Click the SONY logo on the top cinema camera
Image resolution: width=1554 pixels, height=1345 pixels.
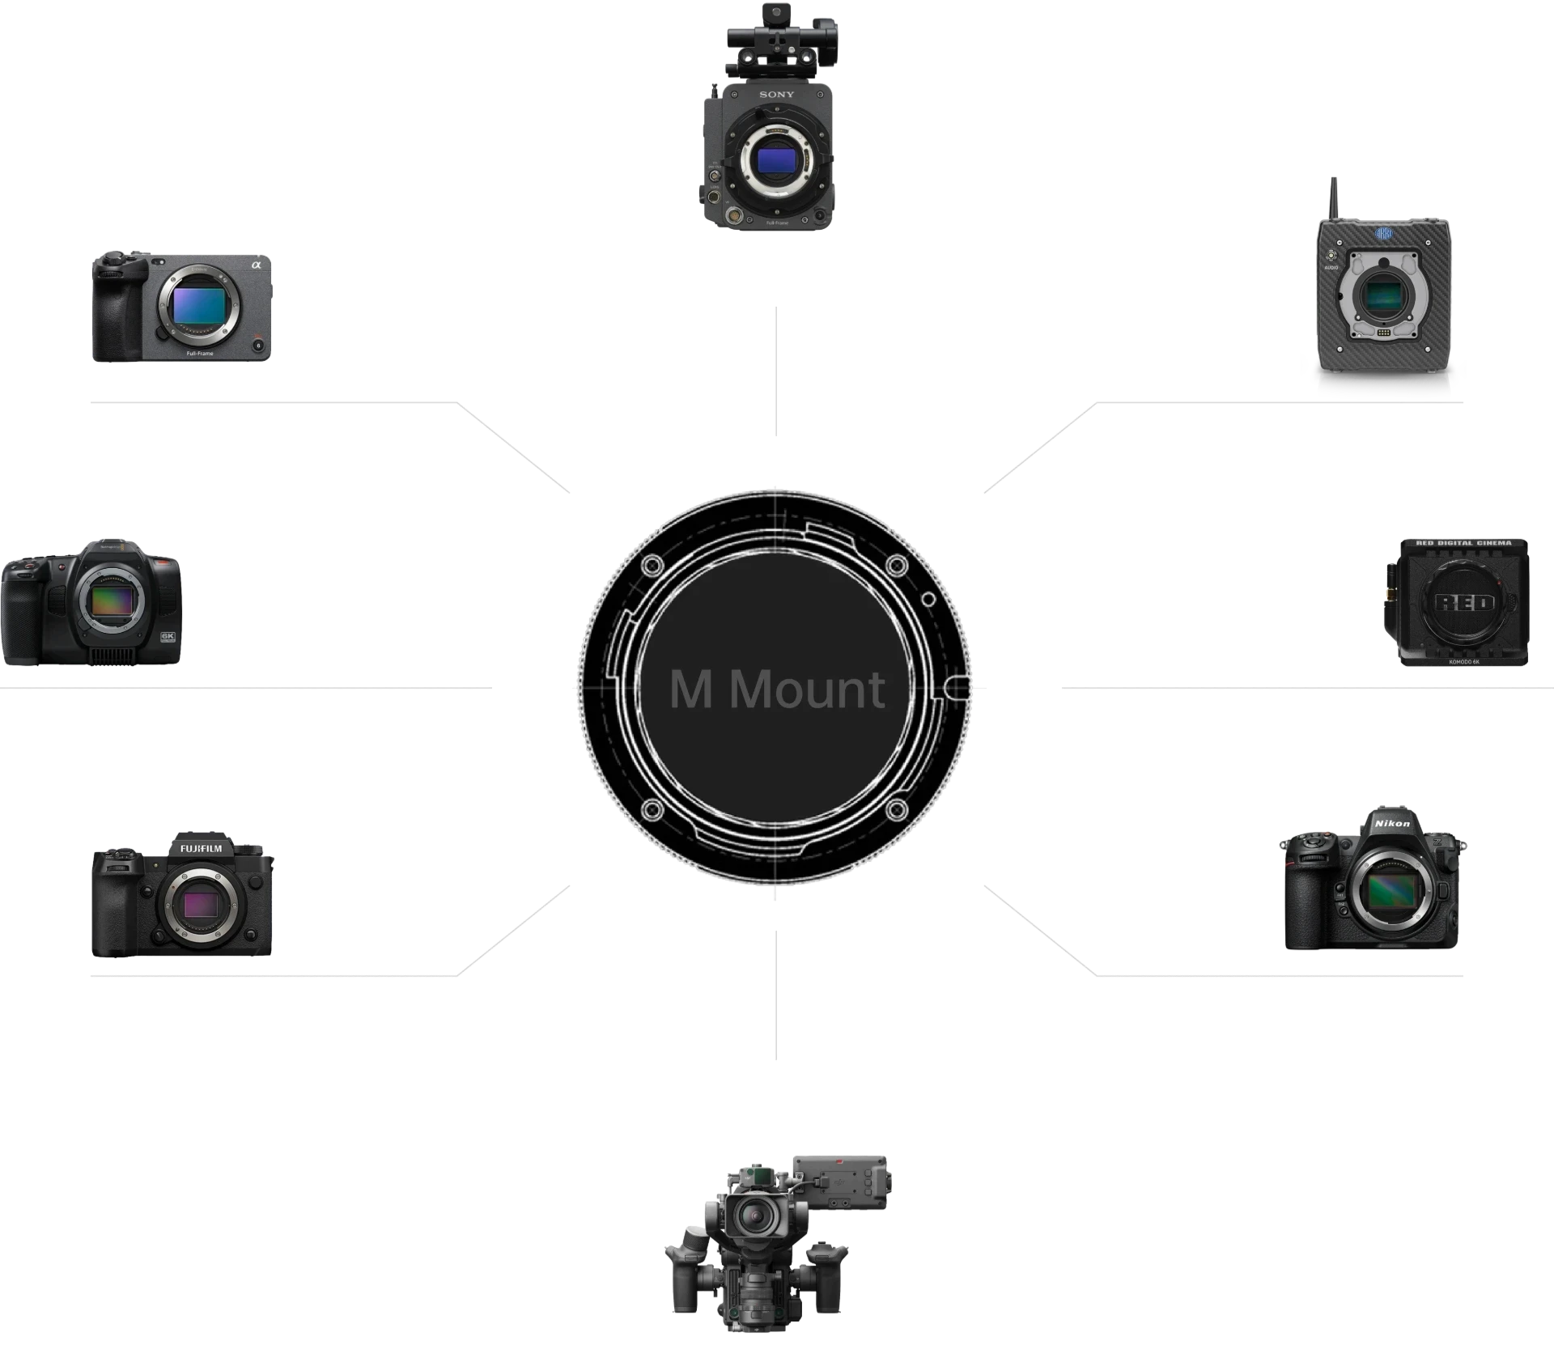coord(776,95)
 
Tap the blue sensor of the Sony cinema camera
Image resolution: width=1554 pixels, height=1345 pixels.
coord(775,156)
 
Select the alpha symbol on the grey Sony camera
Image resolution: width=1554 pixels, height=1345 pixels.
coord(257,265)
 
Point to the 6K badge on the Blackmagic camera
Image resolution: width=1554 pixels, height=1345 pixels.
coord(168,636)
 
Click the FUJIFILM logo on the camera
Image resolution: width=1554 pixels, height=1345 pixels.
coord(201,848)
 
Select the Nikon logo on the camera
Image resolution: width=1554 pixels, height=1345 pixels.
coord(1392,824)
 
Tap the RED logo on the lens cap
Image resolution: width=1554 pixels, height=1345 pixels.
coord(1464,603)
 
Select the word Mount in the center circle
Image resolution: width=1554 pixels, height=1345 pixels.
coord(807,689)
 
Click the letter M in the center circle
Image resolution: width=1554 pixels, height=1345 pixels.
coord(690,689)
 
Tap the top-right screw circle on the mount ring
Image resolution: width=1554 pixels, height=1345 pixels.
coord(896,565)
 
